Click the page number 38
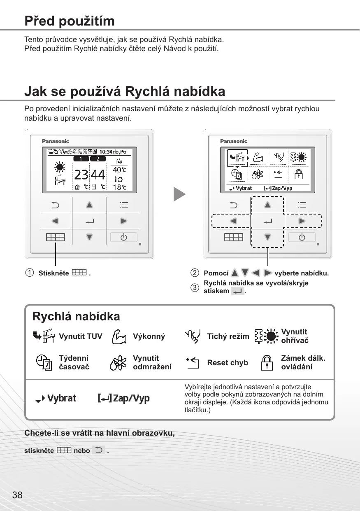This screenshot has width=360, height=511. click(x=17, y=495)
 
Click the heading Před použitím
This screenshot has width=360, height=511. click(x=69, y=21)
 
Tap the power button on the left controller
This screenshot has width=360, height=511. click(x=123, y=237)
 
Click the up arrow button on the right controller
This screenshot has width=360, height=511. click(x=267, y=205)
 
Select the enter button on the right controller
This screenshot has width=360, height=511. click(x=267, y=221)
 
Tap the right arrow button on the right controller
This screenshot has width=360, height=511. click(x=302, y=221)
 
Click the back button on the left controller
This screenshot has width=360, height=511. click(x=55, y=205)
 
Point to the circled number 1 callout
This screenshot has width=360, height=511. click(x=29, y=273)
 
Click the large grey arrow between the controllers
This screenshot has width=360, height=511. click(x=179, y=194)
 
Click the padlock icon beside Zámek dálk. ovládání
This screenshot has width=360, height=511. click(x=267, y=362)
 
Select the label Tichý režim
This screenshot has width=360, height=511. click(x=228, y=336)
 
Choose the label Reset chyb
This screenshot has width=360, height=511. click(x=228, y=363)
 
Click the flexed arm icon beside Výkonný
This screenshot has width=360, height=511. click(x=119, y=336)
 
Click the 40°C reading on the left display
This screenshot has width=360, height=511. click(x=119, y=170)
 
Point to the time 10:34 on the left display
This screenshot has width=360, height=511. click(x=108, y=152)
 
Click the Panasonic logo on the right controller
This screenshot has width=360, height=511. click(x=234, y=141)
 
